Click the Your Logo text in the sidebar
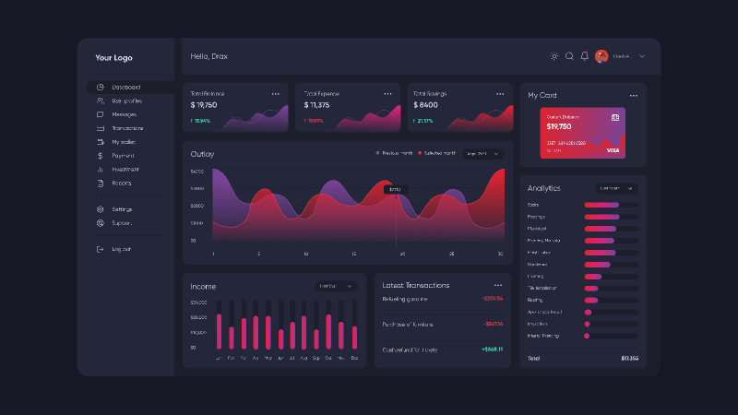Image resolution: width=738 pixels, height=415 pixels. click(113, 57)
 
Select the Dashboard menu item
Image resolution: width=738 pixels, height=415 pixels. click(127, 88)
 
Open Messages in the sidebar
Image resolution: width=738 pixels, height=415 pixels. click(124, 114)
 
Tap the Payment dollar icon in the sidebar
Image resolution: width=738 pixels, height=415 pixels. click(100, 156)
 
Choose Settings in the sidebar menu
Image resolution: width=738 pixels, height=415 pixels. click(122, 209)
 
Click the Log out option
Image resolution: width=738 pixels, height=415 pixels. click(121, 249)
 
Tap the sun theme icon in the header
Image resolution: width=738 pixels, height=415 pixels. click(554, 56)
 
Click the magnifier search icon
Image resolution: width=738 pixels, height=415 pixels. click(569, 56)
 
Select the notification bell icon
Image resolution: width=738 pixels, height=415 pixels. click(584, 56)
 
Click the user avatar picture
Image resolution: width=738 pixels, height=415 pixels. click(601, 56)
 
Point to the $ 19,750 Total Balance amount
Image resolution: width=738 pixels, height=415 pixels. click(204, 105)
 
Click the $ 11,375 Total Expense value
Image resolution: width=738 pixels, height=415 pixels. click(316, 105)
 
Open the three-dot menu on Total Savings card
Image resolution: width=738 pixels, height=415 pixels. click(499, 94)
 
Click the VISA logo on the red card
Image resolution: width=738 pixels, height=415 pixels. click(613, 149)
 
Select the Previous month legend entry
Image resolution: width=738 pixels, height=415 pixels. click(394, 153)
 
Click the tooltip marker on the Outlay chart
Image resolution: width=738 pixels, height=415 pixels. click(396, 189)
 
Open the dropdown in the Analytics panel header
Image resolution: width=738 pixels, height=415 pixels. click(616, 188)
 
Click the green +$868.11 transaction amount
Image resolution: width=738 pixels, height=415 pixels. click(492, 350)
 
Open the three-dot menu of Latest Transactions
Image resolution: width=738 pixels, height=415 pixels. click(498, 285)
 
